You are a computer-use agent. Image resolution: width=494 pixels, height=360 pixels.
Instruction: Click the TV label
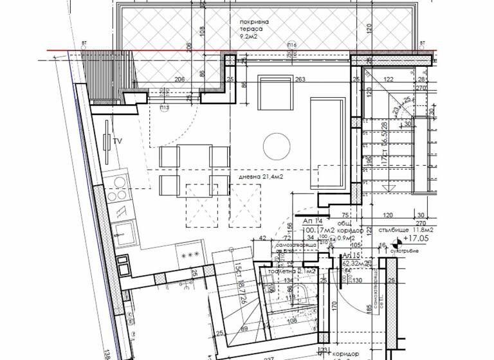pyautogui.click(x=118, y=140)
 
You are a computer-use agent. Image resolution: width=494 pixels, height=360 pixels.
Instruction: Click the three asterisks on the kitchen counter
pyautogui.click(x=191, y=255)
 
